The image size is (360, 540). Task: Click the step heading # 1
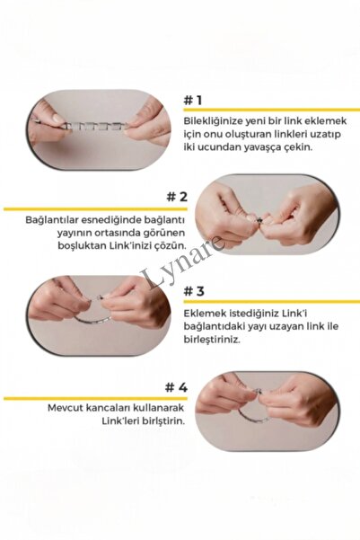pyautogui.click(x=192, y=101)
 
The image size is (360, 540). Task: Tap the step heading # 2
pyautogui.click(x=177, y=197)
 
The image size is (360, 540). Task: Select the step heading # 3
pyautogui.click(x=194, y=291)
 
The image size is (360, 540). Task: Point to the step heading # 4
pyautogui.click(x=176, y=387)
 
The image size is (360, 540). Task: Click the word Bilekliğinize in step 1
pyautogui.click(x=212, y=121)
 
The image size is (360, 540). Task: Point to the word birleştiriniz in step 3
pyautogui.click(x=211, y=340)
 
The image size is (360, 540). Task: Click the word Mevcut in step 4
pyautogui.click(x=64, y=409)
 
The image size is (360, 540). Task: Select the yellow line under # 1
pyautogui.click(x=271, y=110)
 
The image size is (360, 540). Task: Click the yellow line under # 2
pyautogui.click(x=96, y=209)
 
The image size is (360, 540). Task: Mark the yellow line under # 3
pyautogui.click(x=271, y=302)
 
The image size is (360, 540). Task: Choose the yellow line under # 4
pyautogui.click(x=96, y=398)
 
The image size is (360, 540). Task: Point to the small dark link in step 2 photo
pyautogui.click(x=260, y=220)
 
